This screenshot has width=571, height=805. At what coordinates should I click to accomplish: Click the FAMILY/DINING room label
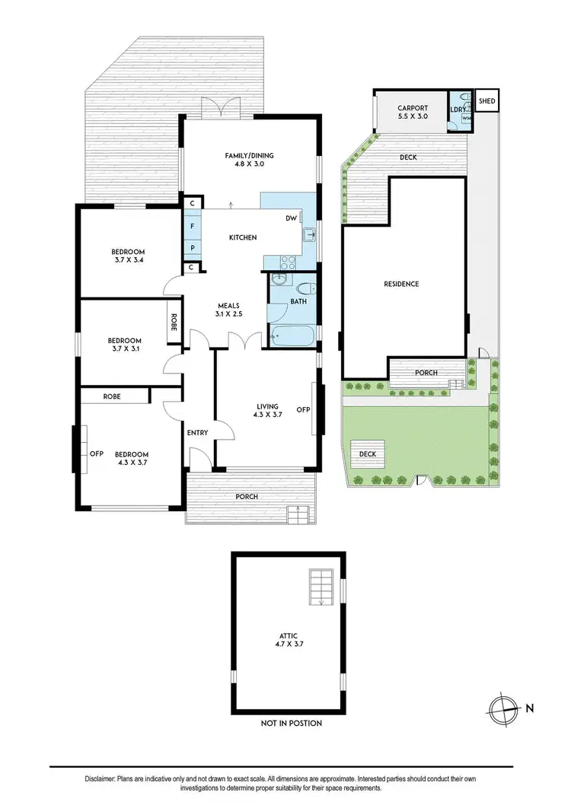click(x=249, y=156)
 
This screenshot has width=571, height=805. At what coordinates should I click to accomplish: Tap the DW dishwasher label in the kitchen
click(x=291, y=218)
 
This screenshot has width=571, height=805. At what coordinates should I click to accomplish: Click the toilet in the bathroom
click(x=306, y=290)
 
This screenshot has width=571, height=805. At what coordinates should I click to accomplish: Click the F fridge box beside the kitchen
click(x=193, y=227)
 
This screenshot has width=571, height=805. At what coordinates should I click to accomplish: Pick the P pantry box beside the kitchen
click(x=193, y=248)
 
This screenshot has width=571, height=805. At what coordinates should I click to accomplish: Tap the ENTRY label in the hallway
click(x=197, y=433)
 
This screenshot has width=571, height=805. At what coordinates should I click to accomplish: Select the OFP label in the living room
click(x=303, y=409)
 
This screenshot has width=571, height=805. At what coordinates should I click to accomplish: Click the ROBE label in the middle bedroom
click(x=174, y=323)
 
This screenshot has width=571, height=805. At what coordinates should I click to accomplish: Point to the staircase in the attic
click(x=322, y=587)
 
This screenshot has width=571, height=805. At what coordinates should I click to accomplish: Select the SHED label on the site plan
click(x=486, y=100)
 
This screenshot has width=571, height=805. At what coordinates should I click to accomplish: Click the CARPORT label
click(x=413, y=108)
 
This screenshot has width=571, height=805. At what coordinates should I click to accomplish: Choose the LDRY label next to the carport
click(x=458, y=110)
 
